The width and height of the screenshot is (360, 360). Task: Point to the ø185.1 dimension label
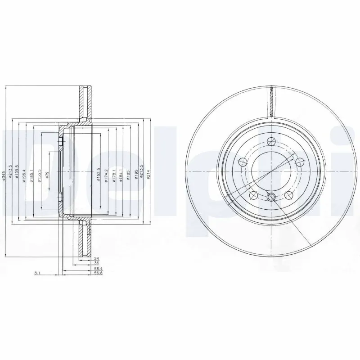coord(31,173)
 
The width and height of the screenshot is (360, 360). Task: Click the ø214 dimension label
coord(148,172)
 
